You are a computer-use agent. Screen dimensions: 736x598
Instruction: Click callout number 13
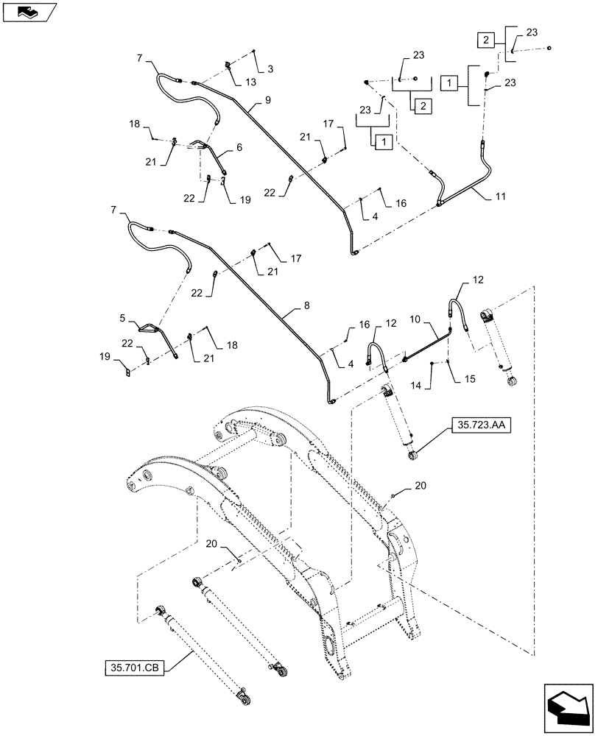tap(252, 82)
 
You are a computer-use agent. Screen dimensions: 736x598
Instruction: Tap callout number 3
tap(270, 68)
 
